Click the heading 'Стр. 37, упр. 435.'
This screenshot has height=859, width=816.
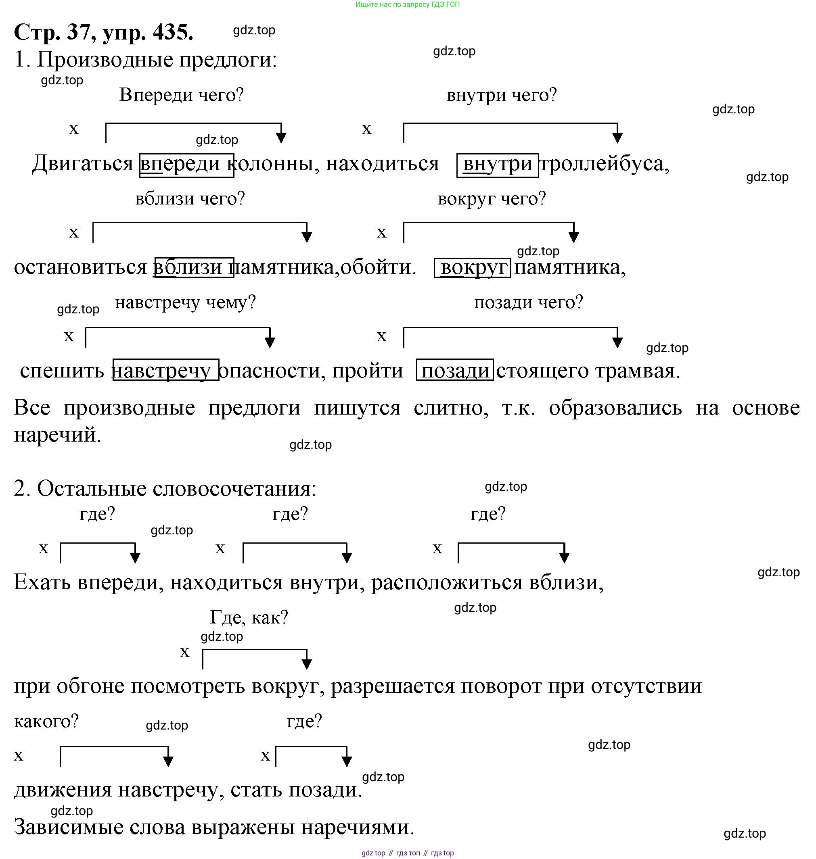pos(104,32)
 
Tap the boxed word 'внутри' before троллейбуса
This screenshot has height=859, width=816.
pos(497,164)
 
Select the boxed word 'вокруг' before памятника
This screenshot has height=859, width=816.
pos(473,267)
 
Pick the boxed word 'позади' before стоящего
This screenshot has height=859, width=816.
pos(455,371)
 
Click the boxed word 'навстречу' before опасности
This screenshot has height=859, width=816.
pos(166,371)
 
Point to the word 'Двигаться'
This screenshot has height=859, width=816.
pos(83,164)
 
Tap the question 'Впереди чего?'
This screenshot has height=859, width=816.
pos(181,95)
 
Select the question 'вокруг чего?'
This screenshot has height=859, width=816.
pos(492,199)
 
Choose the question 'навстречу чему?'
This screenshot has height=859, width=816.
pos(185,302)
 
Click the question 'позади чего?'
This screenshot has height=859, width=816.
pos(528,302)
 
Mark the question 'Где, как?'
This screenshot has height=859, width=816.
pos(249,617)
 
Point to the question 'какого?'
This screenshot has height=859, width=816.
pos(46,721)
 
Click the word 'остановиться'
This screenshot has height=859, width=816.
pos(80,267)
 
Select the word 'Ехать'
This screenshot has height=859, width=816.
pos(42,582)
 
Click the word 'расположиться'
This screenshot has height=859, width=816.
pos(446,582)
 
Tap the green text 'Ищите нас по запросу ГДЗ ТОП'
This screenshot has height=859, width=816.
pos(407,5)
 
